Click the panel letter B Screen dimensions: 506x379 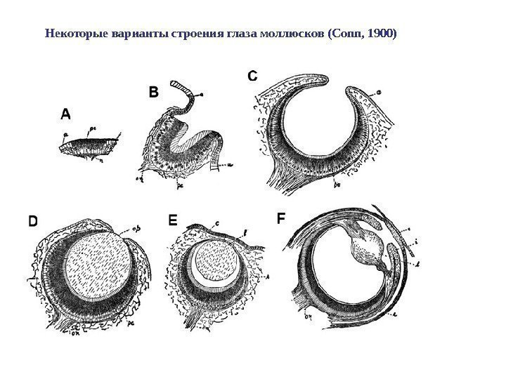tap(153, 92)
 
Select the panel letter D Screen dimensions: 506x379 tap(33, 221)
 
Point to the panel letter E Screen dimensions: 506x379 tap(174, 220)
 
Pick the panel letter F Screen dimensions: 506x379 tap(280, 219)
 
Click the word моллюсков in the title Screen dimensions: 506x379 tap(291, 33)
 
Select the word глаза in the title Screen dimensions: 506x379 tap(240, 33)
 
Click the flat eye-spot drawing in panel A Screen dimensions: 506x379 tap(89, 147)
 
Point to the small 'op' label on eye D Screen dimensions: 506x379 tap(137, 229)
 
